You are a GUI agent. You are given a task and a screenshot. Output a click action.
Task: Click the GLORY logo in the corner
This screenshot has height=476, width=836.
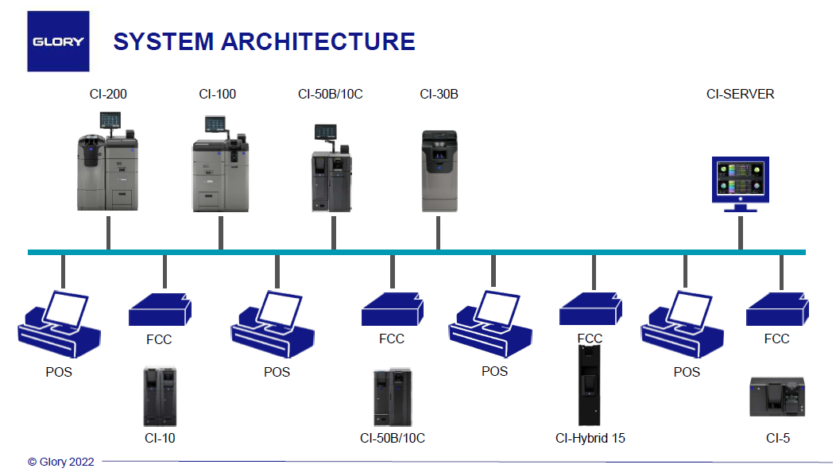point(58,41)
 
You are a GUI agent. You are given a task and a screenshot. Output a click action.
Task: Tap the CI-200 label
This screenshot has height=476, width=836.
point(108,94)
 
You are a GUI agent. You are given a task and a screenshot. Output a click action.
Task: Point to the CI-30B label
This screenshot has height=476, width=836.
point(439,94)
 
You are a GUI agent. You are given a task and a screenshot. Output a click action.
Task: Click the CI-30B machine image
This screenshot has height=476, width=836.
point(439,171)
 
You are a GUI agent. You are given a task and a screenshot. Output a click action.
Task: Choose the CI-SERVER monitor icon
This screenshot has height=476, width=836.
point(740,183)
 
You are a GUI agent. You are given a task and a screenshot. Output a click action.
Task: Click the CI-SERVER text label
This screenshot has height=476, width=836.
point(740,94)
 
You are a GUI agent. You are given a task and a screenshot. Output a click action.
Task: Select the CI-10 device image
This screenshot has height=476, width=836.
point(160,396)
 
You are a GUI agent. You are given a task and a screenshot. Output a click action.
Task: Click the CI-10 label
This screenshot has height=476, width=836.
point(160,438)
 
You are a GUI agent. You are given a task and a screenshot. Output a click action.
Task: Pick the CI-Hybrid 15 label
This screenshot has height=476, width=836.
point(590,438)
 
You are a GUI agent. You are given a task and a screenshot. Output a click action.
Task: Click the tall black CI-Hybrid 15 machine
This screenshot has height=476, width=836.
point(590,385)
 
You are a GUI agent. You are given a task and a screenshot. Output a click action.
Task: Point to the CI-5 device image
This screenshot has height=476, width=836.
point(777,397)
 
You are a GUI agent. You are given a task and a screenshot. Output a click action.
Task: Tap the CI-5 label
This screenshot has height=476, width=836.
point(777,438)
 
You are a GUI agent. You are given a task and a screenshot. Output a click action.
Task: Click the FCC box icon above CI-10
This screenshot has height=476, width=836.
point(161,309)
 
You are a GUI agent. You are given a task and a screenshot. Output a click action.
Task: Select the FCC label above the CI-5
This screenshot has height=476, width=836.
point(776,339)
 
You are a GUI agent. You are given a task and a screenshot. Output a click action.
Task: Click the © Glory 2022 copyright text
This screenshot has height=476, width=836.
point(60,462)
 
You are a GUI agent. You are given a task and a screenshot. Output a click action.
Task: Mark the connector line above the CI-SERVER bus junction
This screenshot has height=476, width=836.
point(740,232)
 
